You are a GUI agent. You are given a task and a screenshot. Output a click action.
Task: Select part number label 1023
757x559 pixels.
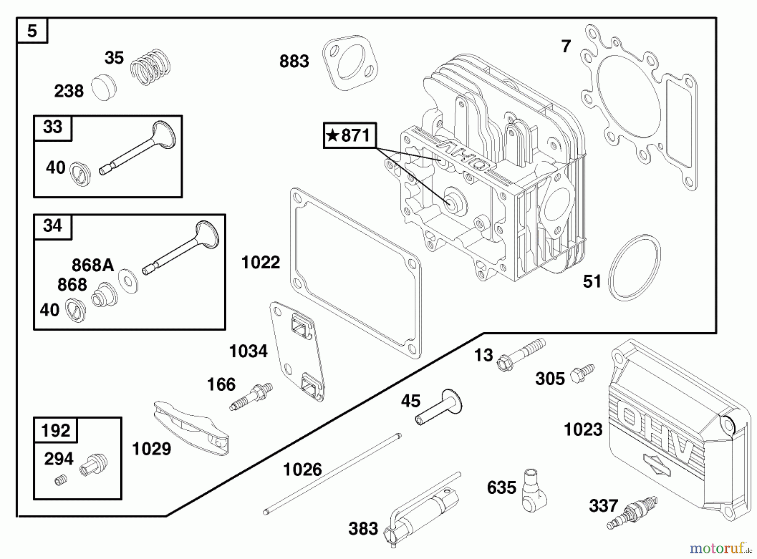click(583, 430)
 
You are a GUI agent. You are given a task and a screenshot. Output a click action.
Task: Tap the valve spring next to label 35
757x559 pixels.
click(150, 66)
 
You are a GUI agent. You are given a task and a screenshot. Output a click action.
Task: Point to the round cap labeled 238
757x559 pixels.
click(103, 87)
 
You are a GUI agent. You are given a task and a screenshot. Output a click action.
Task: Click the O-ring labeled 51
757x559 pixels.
click(634, 268)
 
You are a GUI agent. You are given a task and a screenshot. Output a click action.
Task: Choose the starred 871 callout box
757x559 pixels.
click(349, 135)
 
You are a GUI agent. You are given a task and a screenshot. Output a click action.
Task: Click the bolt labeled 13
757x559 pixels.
click(521, 355)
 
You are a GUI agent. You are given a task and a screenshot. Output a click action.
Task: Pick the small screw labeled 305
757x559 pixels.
click(582, 373)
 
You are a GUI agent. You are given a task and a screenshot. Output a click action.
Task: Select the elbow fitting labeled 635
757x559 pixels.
click(533, 490)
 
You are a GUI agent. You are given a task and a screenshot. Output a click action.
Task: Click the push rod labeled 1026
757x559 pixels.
click(332, 473)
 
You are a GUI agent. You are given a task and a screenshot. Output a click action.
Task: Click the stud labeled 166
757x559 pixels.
click(251, 396)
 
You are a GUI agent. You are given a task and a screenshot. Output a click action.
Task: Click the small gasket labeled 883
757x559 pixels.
click(349, 62)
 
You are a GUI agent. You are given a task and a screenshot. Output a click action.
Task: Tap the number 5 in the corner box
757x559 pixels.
click(32, 31)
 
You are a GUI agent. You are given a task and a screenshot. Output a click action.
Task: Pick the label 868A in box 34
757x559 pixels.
click(93, 265)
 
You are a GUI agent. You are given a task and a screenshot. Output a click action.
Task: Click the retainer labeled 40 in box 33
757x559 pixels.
click(80, 174)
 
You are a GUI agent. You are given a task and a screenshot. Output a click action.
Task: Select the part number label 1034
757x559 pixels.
click(248, 351)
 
